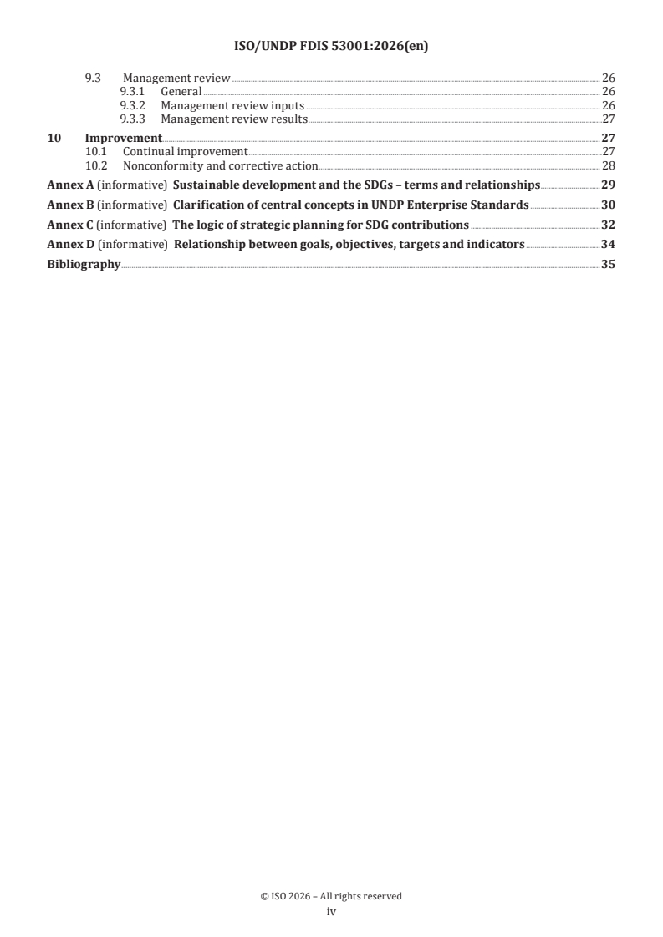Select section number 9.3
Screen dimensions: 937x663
pyautogui.click(x=94, y=79)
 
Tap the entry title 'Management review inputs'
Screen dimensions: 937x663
pyautogui.click(x=232, y=106)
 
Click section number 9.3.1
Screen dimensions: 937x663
pyautogui.click(x=133, y=92)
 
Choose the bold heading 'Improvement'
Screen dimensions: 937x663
pyautogui.click(x=123, y=138)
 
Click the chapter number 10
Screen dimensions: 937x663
pyautogui.click(x=54, y=138)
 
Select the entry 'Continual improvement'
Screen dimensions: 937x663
pyautogui.click(x=185, y=151)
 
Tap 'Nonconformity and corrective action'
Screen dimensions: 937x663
pyautogui.click(x=220, y=165)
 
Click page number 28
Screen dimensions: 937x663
pyautogui.click(x=609, y=165)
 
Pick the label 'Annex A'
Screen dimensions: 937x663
pyautogui.click(x=70, y=185)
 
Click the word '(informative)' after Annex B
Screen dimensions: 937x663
pyautogui.click(x=134, y=205)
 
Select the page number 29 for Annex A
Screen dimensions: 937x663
pyautogui.click(x=609, y=185)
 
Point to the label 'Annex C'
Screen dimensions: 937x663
pyautogui.click(x=70, y=225)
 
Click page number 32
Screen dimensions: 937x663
pyautogui.click(x=609, y=225)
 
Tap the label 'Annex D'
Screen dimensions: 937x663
pyautogui.click(x=70, y=245)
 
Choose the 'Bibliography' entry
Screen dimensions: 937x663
pyautogui.click(x=84, y=265)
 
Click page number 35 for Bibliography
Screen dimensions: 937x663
pyautogui.click(x=609, y=265)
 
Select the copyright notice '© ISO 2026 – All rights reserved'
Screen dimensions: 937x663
pyautogui.click(x=331, y=896)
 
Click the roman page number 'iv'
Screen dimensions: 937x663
pyautogui.click(x=331, y=912)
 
